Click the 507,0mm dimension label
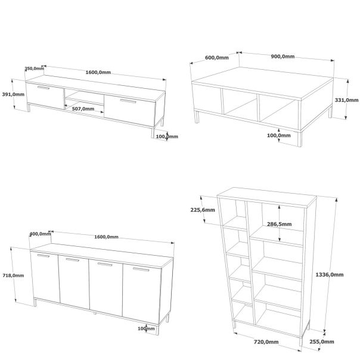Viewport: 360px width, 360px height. (x=83, y=109)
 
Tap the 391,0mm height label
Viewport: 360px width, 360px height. (x=13, y=94)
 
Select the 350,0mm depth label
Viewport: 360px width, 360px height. (x=34, y=69)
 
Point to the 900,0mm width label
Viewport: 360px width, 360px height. (x=283, y=57)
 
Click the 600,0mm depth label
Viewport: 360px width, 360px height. (x=217, y=58)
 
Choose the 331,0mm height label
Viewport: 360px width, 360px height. (x=346, y=100)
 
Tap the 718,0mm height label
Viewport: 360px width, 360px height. (x=13, y=275)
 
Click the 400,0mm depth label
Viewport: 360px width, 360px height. (x=40, y=234)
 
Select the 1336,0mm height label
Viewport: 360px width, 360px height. (x=330, y=275)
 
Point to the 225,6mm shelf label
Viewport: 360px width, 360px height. (x=203, y=210)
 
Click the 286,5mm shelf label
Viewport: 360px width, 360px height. (x=279, y=224)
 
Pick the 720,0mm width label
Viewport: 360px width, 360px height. (x=266, y=342)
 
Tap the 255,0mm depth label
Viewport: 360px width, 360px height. (x=322, y=342)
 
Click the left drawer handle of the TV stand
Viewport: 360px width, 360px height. (x=44, y=88)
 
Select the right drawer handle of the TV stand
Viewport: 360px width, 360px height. (x=128, y=101)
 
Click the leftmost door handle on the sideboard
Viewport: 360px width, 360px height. (x=44, y=256)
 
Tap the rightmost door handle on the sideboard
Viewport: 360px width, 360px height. (x=141, y=269)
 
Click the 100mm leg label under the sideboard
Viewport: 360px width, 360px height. (x=146, y=328)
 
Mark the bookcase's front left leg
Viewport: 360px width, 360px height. (x=234, y=325)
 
